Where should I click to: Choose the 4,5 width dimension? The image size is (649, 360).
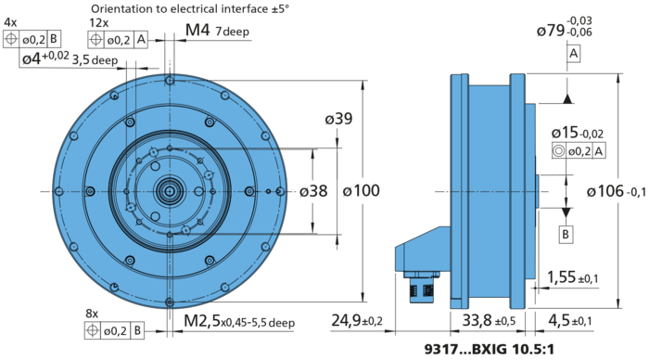click(x=567, y=322)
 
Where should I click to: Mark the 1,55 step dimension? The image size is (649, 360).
click(x=569, y=276)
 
